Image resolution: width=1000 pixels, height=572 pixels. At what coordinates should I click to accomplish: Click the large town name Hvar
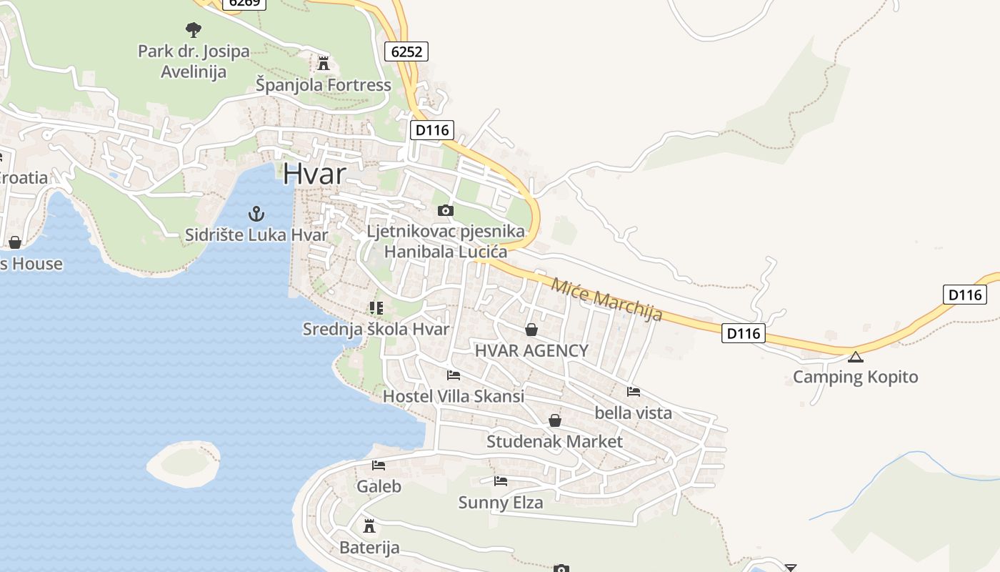314,174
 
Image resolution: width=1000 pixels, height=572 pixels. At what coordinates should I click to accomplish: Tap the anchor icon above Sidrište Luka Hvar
256,213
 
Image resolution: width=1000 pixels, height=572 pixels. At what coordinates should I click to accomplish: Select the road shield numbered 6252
406,51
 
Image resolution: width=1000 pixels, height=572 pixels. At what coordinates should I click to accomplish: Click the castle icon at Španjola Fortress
323,64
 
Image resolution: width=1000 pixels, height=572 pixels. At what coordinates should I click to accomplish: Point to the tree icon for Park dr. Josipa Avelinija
193,30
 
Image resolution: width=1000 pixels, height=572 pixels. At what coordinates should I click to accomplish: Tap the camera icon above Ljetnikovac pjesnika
445,210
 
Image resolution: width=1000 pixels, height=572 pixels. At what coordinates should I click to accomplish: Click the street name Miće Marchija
606,298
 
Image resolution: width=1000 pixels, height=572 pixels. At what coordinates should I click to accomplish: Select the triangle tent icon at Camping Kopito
855,357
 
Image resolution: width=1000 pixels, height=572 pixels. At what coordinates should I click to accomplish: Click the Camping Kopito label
855,377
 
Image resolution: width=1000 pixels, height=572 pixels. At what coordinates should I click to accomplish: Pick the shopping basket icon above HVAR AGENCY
531,330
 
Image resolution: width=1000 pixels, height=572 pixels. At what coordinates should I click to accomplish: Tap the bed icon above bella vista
633,392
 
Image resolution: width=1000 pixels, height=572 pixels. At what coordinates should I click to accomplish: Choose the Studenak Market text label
554,441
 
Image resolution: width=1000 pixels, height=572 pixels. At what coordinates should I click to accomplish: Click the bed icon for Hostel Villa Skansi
453,375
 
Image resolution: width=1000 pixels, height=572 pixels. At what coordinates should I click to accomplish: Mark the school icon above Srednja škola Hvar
376,308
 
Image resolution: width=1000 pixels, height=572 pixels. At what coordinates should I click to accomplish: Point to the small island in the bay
184,463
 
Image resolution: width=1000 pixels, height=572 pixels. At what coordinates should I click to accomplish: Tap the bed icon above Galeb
379,465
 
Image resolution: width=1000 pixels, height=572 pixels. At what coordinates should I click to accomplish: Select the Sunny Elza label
500,502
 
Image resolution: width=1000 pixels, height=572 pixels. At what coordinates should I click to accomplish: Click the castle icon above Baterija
369,526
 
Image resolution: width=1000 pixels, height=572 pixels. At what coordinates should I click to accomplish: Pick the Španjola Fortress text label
324,85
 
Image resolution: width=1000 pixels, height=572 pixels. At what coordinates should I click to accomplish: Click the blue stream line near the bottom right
879,472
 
